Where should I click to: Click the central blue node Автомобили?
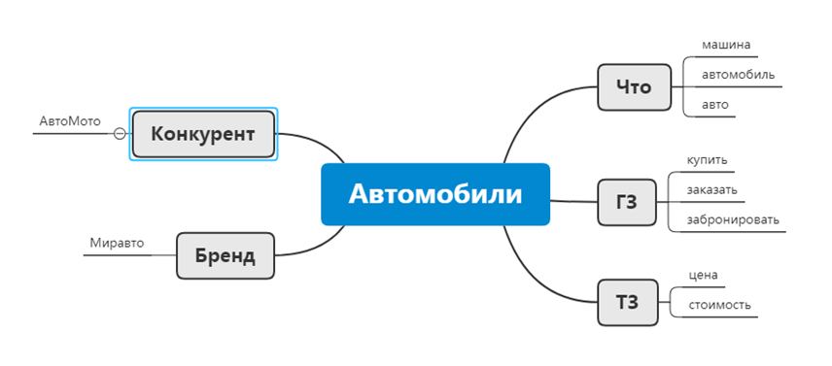tap(434, 194)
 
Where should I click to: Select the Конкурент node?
tap(203, 134)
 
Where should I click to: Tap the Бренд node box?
tap(225, 256)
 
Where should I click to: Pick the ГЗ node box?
tap(627, 203)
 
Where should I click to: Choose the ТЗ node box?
tap(627, 302)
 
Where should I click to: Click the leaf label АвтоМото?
tap(70, 121)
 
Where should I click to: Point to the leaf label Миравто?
tap(117, 243)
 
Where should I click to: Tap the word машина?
tap(725, 45)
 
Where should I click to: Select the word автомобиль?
tap(738, 75)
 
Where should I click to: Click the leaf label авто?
tap(714, 104)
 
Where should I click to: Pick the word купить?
tap(707, 160)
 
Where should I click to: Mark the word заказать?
tap(711, 189)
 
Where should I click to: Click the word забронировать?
tap(732, 219)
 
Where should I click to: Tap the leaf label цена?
tap(703, 275)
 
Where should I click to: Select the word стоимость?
tap(719, 305)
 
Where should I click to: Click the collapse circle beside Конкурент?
tap(120, 134)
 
